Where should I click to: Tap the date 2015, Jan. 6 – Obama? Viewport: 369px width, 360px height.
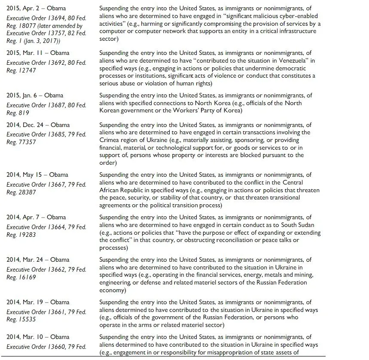point(35,95)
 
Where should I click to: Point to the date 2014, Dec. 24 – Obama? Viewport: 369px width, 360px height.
point(38,125)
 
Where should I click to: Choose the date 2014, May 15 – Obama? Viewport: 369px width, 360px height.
point(37,175)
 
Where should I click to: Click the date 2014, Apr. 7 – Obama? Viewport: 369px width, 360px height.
point(36,217)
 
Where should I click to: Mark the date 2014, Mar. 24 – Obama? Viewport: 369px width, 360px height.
point(38,260)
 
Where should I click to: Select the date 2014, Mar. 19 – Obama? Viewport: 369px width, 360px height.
point(38,302)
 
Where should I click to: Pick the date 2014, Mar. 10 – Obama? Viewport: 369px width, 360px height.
point(38,337)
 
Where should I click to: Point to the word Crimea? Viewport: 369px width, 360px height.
point(109,140)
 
